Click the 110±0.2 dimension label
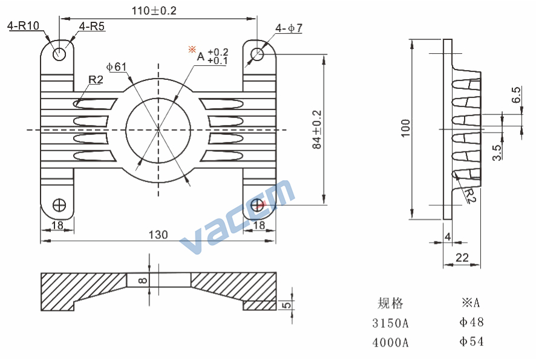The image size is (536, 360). coord(154,11)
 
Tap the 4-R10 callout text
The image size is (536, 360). coord(23,25)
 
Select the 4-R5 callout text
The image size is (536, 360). coord(91,27)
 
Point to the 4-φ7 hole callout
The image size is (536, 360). coord(289,28)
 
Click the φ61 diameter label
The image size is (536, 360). coord(116,67)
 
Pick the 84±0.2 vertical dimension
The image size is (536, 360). coord(317,129)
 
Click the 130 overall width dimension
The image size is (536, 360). coord(159,235)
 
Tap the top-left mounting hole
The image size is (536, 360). coord(59,54)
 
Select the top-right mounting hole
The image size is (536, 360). coord(257,54)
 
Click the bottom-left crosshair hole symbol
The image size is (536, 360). coord(59,205)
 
